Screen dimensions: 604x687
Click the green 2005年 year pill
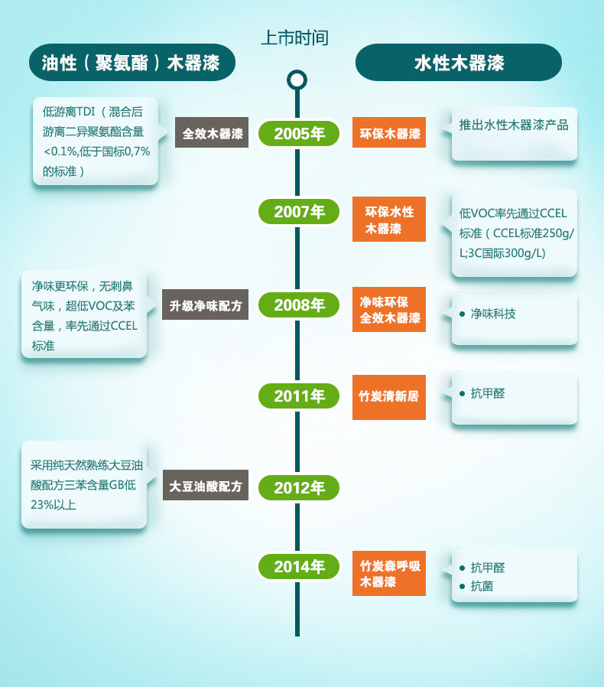(299, 134)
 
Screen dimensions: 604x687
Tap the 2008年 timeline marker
(299, 305)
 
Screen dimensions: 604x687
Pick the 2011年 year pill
(299, 396)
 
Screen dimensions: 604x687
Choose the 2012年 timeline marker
(299, 487)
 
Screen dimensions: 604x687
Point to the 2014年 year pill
(299, 567)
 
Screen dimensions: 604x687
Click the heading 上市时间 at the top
(295, 37)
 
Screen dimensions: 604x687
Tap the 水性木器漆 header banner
(459, 62)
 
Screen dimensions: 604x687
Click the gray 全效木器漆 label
(212, 133)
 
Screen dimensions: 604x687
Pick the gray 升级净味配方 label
(205, 305)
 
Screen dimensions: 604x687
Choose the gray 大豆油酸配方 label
(205, 486)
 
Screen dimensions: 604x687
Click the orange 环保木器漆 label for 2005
(389, 133)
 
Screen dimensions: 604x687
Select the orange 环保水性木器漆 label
(389, 220)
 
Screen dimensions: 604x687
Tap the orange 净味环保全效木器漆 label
(389, 310)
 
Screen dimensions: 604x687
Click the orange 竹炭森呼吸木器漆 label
(389, 574)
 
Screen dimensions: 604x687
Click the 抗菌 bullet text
(482, 587)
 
